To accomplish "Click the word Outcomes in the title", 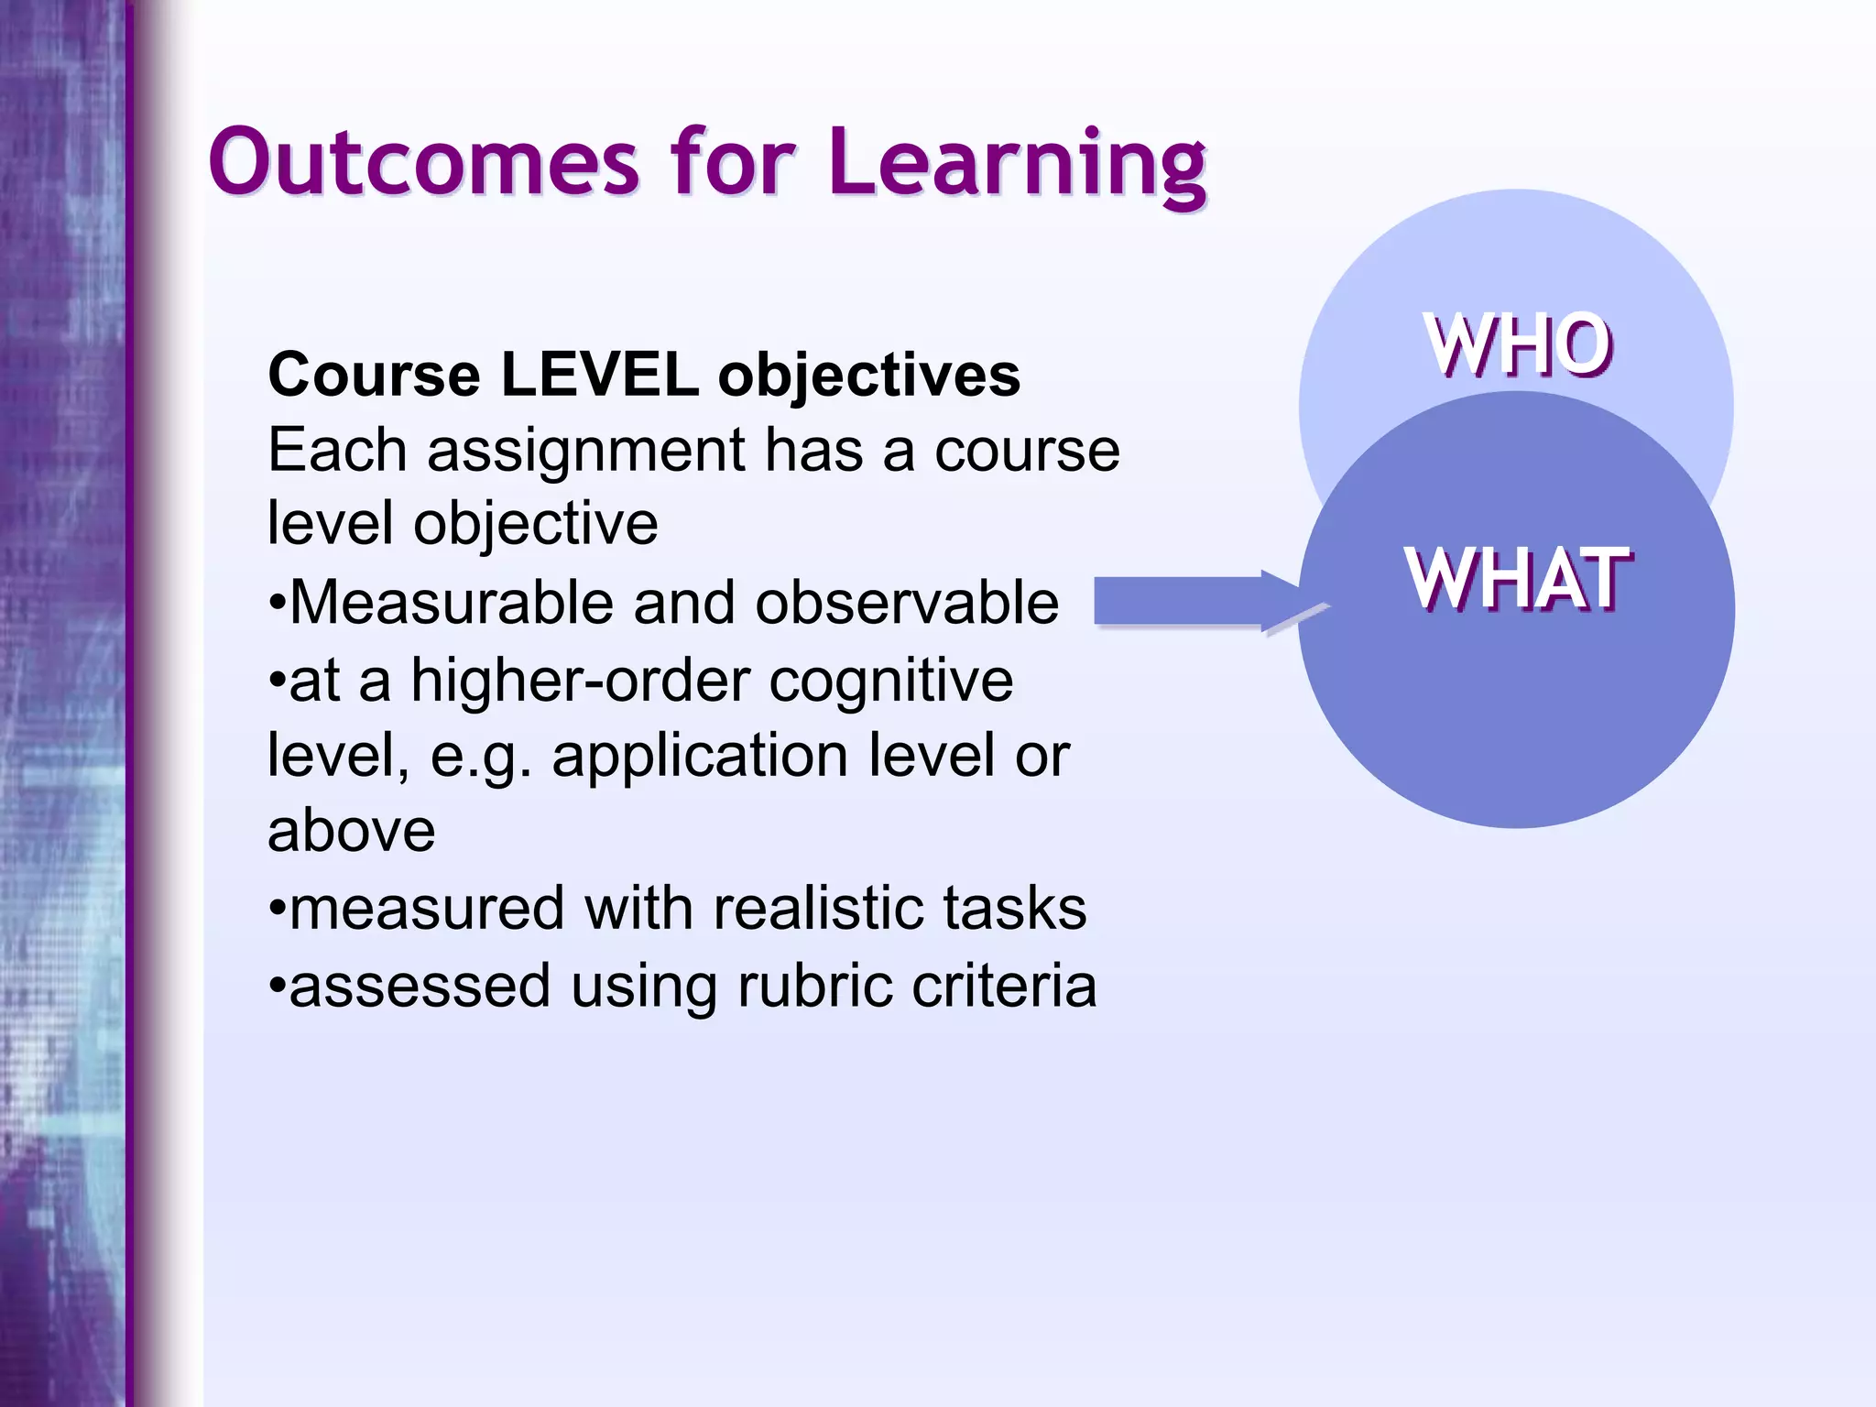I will [x=423, y=163].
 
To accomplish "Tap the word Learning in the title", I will [x=1017, y=165].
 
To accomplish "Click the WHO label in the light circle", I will [x=1518, y=345].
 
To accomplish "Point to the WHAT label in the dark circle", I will [x=1517, y=579].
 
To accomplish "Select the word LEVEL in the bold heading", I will [x=599, y=376].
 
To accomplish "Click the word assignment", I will [x=586, y=453].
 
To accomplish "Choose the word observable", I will [x=907, y=604].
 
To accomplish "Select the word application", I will [x=700, y=757].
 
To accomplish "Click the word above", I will [x=352, y=832].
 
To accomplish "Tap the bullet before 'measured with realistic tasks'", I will [x=277, y=911].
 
